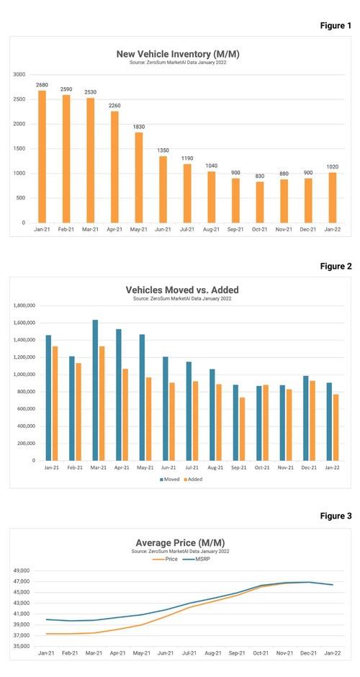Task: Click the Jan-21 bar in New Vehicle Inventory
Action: pos(42,157)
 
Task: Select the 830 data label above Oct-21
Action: pos(259,176)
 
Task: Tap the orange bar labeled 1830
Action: pos(138,177)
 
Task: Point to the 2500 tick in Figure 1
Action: pos(19,99)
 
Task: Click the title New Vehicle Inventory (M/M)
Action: pos(178,54)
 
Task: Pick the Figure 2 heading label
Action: pos(336,266)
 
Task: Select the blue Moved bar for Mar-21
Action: pos(95,390)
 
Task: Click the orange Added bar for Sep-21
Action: pos(242,429)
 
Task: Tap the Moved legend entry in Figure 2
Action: pos(169,479)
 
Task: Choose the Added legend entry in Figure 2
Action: pos(193,479)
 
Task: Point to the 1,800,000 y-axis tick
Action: pos(24,305)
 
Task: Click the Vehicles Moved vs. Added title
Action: pos(181,290)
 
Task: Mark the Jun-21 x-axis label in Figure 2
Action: pos(168,467)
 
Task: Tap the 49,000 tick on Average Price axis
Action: pos(22,571)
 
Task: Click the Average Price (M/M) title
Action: pos(180,543)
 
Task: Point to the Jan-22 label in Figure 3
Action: pos(333,653)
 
